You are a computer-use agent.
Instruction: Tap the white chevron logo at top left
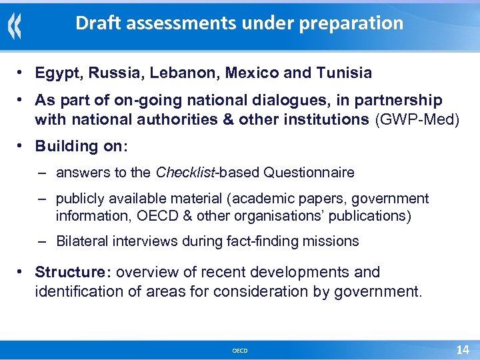click(15, 27)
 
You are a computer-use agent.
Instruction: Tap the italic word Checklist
click(183, 173)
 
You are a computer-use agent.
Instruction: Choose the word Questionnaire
click(309, 173)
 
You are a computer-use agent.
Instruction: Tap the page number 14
click(462, 350)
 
